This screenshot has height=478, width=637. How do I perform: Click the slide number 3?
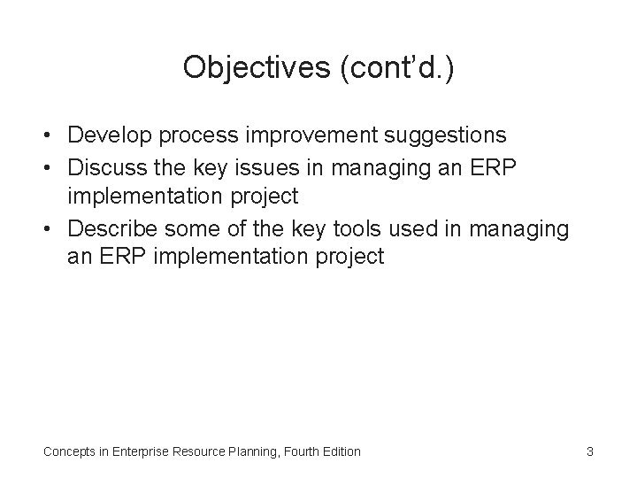coord(589,451)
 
